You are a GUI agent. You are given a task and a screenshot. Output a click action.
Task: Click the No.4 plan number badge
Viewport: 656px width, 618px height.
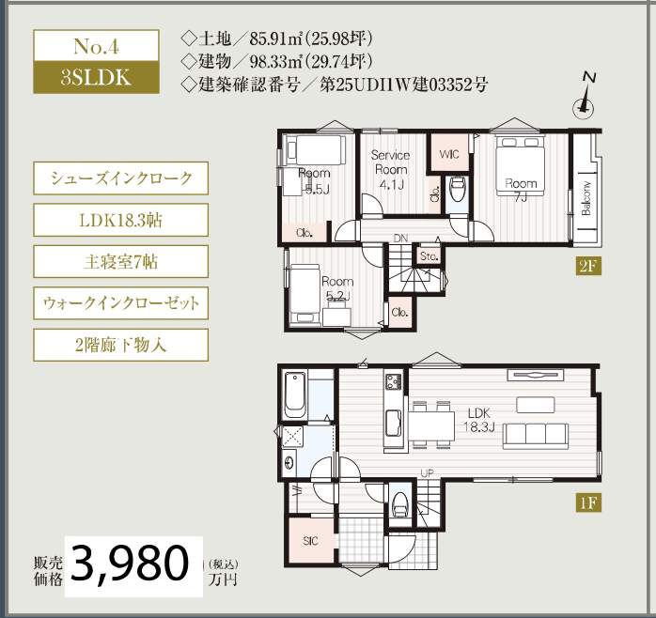(95, 47)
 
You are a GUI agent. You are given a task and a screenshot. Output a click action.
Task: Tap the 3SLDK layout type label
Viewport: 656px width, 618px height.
(95, 78)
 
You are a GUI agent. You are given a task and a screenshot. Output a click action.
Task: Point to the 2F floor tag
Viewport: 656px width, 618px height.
(588, 266)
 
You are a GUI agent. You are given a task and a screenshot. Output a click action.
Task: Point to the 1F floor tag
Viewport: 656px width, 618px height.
(588, 502)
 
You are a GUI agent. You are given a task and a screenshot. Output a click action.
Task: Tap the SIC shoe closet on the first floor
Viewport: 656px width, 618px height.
(312, 542)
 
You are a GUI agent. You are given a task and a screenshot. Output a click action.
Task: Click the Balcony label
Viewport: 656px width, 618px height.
(586, 197)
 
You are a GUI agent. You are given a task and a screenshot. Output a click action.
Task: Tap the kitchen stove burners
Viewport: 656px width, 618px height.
(391, 380)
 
